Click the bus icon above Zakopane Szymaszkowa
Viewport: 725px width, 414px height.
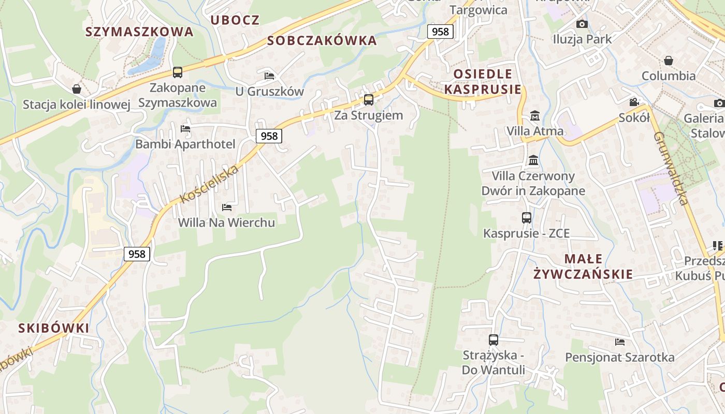coord(178,72)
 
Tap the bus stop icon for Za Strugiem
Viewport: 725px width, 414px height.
coord(369,99)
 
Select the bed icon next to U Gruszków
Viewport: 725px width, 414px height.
coord(269,76)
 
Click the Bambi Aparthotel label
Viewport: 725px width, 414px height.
coord(185,144)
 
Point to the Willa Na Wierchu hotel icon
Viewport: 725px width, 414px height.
coord(227,207)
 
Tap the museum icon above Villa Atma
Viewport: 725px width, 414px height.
coord(535,115)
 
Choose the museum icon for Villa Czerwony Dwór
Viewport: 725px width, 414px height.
coord(533,160)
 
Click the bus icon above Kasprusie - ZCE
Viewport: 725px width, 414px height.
coord(527,217)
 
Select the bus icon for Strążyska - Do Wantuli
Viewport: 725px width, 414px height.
coord(494,339)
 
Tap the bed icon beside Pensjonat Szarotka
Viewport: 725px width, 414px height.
coord(620,342)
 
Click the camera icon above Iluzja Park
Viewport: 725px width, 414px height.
coord(582,24)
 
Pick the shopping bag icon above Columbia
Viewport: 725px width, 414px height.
coord(669,61)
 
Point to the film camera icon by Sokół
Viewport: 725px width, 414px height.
coord(634,102)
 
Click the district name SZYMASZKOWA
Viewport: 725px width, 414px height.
coord(139,32)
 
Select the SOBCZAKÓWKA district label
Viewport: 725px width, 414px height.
coord(322,40)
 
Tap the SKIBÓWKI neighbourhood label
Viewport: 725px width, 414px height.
coord(53,328)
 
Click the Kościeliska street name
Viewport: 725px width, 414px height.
coord(210,184)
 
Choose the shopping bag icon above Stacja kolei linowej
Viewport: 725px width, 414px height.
coord(77,89)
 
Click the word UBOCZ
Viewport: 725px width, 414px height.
coord(235,20)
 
